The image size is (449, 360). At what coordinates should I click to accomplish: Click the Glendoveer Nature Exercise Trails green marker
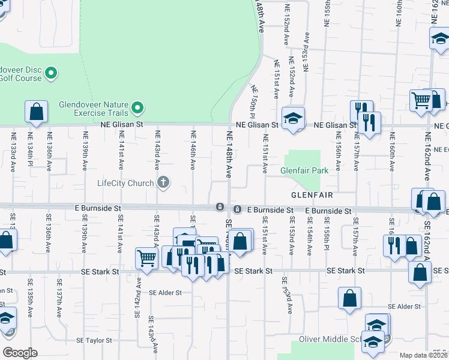click(138, 108)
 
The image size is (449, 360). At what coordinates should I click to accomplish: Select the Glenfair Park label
click(304, 171)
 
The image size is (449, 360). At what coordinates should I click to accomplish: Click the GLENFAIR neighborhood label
click(312, 196)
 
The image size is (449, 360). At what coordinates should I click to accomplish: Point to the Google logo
click(20, 353)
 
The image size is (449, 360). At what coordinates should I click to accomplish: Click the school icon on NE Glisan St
click(294, 118)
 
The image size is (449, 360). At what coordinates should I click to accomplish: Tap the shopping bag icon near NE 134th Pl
click(36, 112)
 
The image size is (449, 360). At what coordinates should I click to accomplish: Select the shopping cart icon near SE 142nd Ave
click(146, 258)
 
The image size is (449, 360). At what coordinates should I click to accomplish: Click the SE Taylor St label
click(94, 340)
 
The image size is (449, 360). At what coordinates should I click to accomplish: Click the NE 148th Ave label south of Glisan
click(229, 154)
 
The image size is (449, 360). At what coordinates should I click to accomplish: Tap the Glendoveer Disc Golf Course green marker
click(51, 73)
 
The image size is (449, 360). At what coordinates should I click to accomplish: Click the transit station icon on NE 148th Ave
click(220, 207)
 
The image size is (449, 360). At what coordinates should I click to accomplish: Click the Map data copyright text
click(424, 355)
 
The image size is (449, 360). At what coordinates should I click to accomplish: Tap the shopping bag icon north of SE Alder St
click(349, 298)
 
